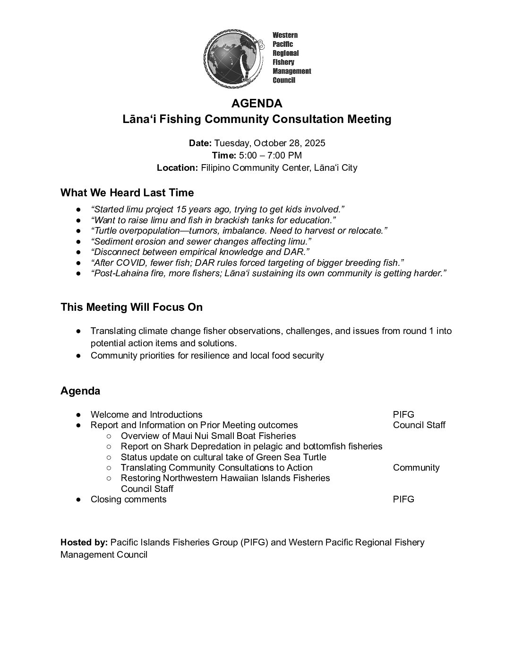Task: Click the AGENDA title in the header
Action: [x=257, y=103]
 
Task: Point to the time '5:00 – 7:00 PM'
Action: [x=270, y=156]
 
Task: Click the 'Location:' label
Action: [x=177, y=168]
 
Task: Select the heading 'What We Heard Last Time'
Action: [x=127, y=193]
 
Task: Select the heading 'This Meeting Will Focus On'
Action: [x=131, y=307]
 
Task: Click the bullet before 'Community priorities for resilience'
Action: [x=79, y=356]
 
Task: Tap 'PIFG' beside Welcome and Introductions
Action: [x=403, y=415]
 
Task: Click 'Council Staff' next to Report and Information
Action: [x=419, y=425]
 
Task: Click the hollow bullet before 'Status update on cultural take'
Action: [x=109, y=457]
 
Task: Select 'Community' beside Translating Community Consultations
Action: [x=416, y=468]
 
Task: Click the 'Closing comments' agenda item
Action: [x=128, y=499]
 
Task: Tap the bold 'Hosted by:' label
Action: [x=84, y=543]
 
